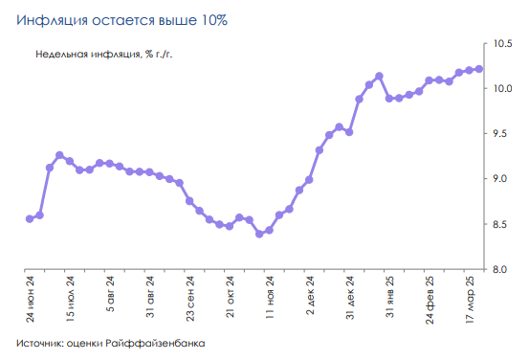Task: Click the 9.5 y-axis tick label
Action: [x=504, y=134]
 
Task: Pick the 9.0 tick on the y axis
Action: [x=504, y=179]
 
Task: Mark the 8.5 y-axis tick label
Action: [x=504, y=224]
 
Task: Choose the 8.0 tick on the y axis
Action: [x=504, y=269]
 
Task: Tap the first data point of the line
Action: [x=30, y=218]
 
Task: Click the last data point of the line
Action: [x=479, y=69]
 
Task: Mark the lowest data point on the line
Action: [x=259, y=234]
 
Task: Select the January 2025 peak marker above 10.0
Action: [x=380, y=76]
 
